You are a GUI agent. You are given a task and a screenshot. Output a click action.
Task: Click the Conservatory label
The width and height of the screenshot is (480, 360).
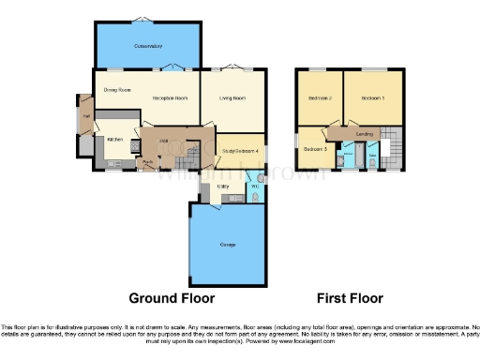148,45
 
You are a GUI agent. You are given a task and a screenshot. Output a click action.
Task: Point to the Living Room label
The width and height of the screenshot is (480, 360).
232,97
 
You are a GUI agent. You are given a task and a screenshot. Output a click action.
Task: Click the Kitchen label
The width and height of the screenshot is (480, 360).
114,140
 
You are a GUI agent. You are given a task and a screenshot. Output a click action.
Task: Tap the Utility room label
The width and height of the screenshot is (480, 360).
223,187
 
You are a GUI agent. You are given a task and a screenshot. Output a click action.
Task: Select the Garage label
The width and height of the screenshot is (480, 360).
227,245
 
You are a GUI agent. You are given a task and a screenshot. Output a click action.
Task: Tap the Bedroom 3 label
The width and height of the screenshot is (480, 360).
315,149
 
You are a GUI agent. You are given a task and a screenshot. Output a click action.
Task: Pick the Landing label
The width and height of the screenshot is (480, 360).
366,134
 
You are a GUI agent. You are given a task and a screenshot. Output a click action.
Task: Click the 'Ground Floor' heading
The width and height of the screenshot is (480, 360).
171,298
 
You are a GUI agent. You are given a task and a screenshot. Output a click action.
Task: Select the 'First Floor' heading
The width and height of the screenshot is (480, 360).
349,298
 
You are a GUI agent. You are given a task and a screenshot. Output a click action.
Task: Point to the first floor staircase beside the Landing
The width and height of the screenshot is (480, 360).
396,150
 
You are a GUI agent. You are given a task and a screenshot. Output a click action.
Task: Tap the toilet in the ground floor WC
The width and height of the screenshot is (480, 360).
258,198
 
